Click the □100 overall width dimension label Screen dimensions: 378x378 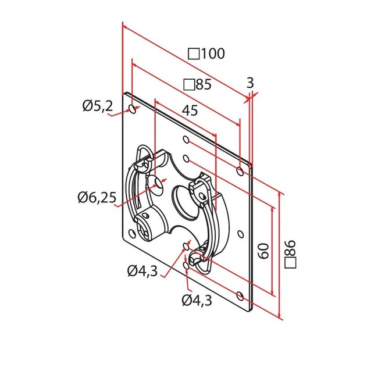click(206, 54)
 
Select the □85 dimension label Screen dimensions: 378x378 click(197, 85)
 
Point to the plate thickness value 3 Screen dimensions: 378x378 click(251, 83)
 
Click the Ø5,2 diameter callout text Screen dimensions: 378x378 click(97, 106)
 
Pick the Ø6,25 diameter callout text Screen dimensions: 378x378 click(97, 198)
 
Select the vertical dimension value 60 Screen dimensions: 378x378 click(262, 252)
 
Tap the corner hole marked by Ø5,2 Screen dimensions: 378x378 click(134, 109)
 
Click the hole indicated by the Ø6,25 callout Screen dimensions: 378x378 click(157, 186)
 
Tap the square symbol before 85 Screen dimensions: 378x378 click(188, 85)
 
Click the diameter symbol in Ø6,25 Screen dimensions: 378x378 click(84, 198)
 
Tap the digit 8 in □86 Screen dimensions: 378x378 click(291, 254)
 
